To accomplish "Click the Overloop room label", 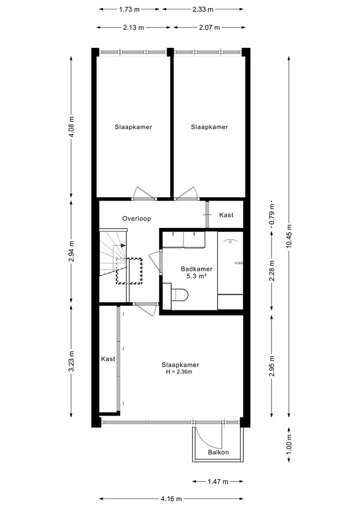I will (136, 218).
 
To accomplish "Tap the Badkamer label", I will (196, 268).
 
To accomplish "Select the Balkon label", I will (218, 453).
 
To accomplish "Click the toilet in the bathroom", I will (179, 295).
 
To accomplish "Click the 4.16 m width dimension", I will (171, 499).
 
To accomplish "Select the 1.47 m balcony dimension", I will (217, 482).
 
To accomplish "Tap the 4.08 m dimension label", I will (71, 127).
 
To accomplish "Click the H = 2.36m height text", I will (179, 372).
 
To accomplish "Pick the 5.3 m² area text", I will (196, 275).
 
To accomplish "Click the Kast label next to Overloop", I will (226, 215).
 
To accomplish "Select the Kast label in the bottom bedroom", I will (108, 359).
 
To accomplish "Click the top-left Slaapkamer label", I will (133, 127).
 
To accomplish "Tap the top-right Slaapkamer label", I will (209, 127).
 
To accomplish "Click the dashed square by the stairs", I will (129, 271).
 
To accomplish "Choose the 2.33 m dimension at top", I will (202, 9).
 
